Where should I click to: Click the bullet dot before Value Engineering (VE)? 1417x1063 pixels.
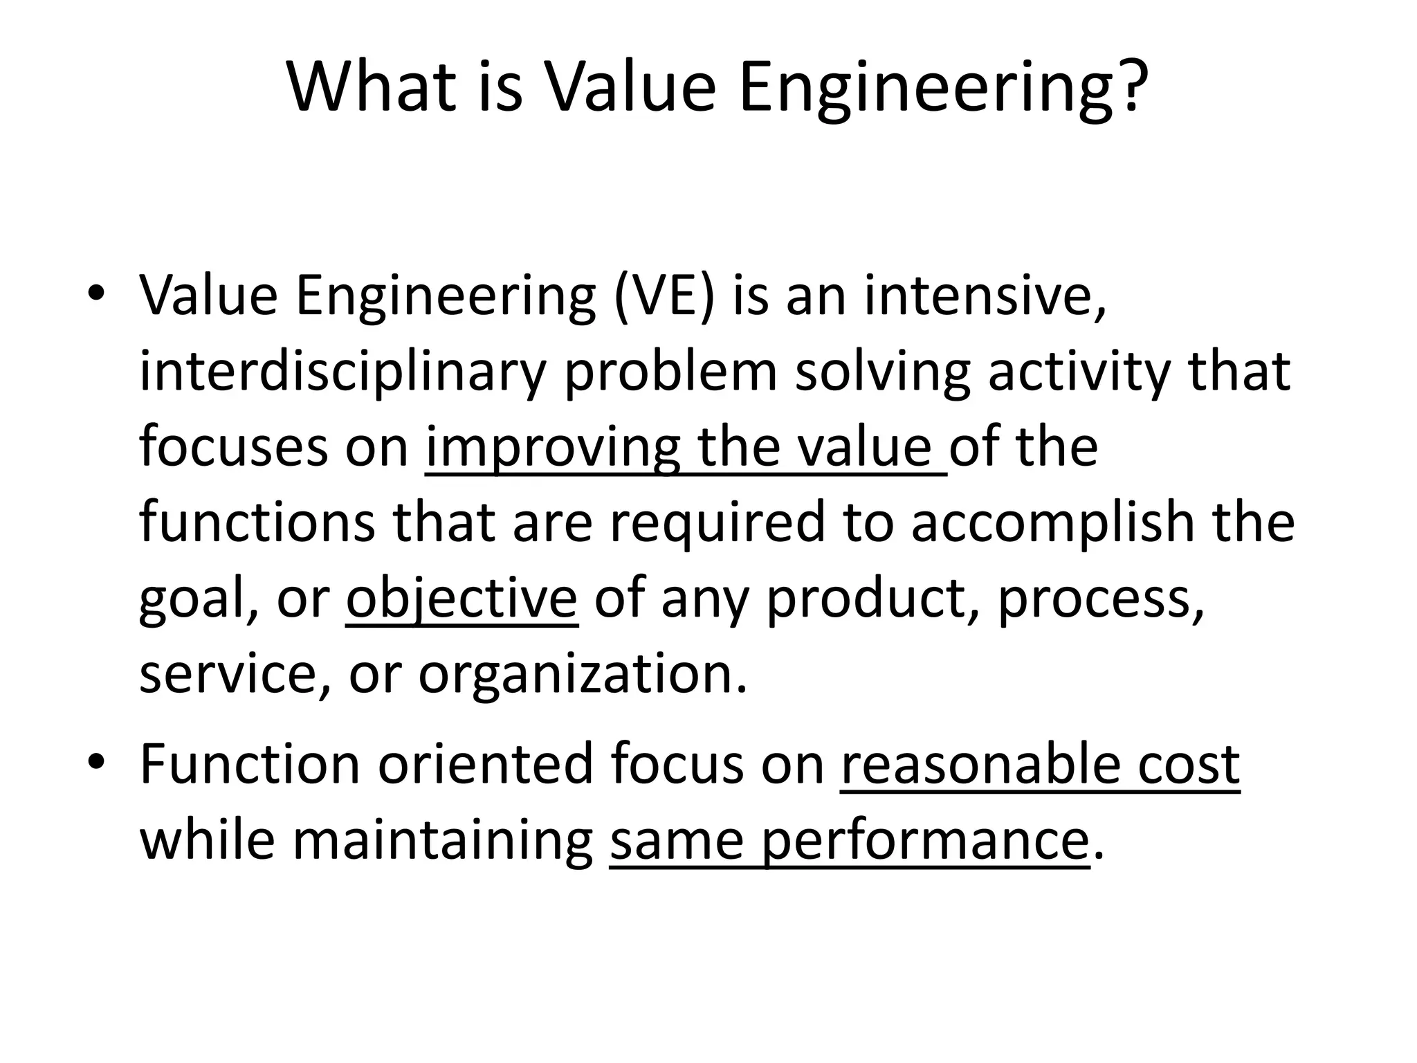[96, 293]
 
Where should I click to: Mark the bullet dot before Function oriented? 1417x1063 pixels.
[96, 761]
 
